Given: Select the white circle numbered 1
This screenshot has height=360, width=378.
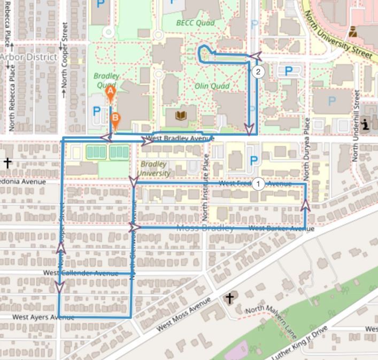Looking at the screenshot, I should [258, 184].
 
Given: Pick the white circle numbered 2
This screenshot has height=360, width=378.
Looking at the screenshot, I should [258, 72].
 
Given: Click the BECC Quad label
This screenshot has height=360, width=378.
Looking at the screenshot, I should [195, 23].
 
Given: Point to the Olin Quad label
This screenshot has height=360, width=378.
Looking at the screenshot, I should [212, 86].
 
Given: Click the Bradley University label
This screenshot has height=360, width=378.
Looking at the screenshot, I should [155, 168].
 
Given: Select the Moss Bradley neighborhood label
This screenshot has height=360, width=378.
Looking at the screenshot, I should [205, 229].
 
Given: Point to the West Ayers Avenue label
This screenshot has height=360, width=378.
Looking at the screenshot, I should [43, 317].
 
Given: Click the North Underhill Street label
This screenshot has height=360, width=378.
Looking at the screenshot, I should [355, 126].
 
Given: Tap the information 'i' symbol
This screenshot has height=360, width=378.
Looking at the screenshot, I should [366, 124].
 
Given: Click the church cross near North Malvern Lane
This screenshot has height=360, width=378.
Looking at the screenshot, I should [230, 298].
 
